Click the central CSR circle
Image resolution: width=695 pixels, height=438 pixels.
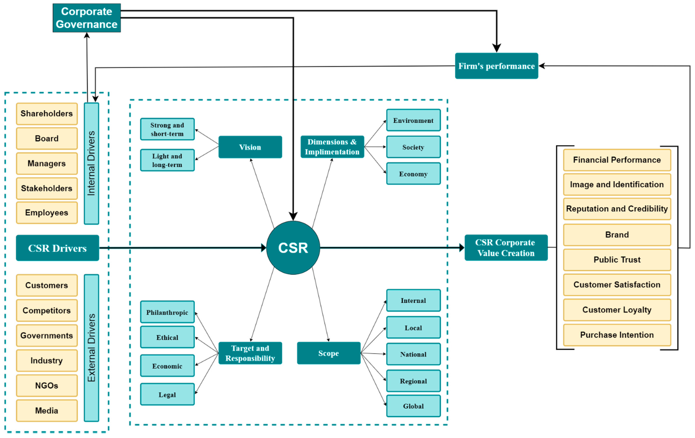tap(293, 248)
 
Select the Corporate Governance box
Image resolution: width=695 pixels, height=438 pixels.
tap(87, 18)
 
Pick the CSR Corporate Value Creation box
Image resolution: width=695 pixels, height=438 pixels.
tap(506, 248)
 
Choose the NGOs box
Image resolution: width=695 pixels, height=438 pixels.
tap(47, 385)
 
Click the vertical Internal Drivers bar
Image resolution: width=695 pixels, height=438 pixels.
tap(92, 163)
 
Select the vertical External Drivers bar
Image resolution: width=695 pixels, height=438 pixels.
tap(92, 348)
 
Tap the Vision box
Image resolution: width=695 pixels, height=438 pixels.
tap(250, 147)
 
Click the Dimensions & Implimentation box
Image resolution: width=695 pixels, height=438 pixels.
tap(332, 147)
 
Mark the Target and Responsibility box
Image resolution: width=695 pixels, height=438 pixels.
tap(250, 353)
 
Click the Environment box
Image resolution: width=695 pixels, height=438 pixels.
tap(413, 120)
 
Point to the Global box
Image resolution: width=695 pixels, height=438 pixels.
tap(413, 406)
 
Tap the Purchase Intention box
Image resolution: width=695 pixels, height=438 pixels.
tap(617, 335)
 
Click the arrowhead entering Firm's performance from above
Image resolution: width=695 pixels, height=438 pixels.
tap(496, 48)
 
